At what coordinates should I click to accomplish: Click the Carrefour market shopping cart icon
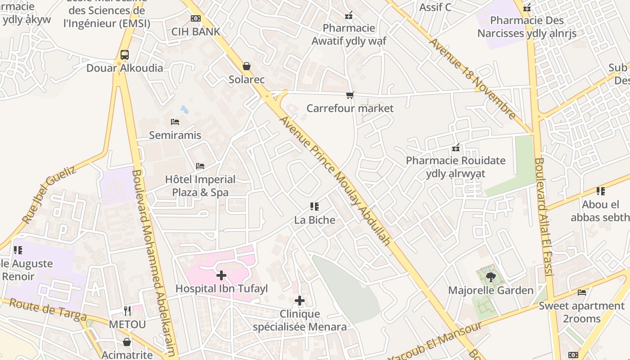pos(350,95)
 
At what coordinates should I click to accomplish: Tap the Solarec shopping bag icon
pos(247,66)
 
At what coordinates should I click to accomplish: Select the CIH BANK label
pos(196,31)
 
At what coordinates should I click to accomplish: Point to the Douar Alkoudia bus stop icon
pos(125,55)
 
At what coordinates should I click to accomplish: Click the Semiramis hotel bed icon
pos(175,121)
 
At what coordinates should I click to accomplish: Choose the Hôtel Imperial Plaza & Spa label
pos(200,186)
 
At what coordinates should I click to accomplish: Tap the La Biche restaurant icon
pos(315,207)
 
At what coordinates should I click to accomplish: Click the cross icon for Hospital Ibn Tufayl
pos(221,275)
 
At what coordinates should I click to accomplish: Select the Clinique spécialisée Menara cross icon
pos(300,301)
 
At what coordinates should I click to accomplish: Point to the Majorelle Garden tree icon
pos(490,277)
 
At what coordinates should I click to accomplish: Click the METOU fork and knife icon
pos(127,310)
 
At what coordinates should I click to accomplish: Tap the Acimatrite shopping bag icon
pos(127,342)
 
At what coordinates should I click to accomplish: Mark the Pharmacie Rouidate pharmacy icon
pos(456,148)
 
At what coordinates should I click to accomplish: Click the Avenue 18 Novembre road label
pos(473,79)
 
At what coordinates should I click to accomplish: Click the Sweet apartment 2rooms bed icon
pos(582,292)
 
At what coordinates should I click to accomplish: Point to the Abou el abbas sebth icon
pos(601,191)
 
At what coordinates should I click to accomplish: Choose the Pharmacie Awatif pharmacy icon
pos(349,16)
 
